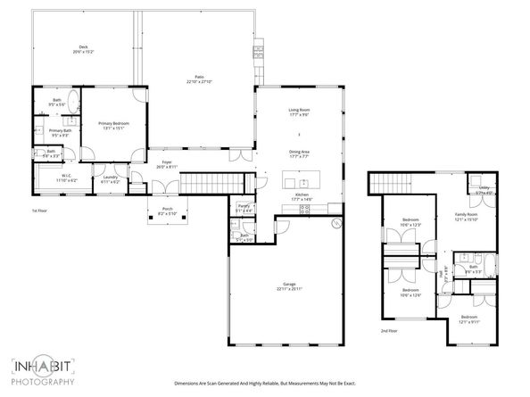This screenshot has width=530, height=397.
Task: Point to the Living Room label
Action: [299, 112]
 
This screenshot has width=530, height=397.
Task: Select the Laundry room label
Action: [111, 178]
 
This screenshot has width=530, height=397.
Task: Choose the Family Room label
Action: [468, 217]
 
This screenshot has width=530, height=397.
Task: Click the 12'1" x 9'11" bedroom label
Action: [469, 318]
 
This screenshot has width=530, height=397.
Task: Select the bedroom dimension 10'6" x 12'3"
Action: [410, 222]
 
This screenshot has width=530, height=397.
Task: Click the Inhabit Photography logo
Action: [42, 371]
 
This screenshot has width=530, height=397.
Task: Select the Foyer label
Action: [167, 165]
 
